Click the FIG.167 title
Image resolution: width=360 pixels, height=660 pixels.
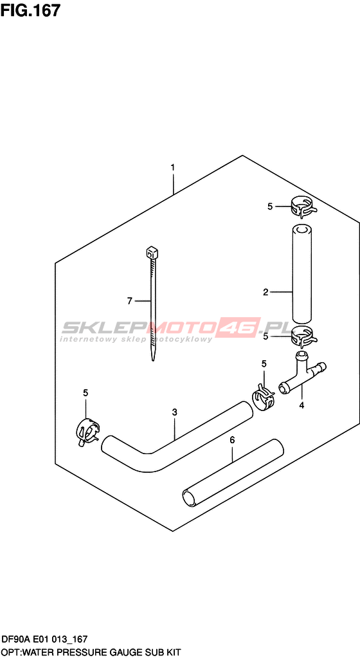click(x=31, y=10)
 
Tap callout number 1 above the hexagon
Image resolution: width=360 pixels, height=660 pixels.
click(x=172, y=167)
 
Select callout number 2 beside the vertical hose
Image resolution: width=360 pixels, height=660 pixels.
click(x=265, y=292)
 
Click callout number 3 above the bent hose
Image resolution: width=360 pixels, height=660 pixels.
click(x=175, y=412)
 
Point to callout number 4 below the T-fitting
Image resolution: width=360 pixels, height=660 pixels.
click(x=301, y=405)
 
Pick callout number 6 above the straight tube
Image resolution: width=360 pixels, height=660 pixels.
click(x=231, y=440)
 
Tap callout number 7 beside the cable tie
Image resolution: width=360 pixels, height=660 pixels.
click(x=129, y=300)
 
